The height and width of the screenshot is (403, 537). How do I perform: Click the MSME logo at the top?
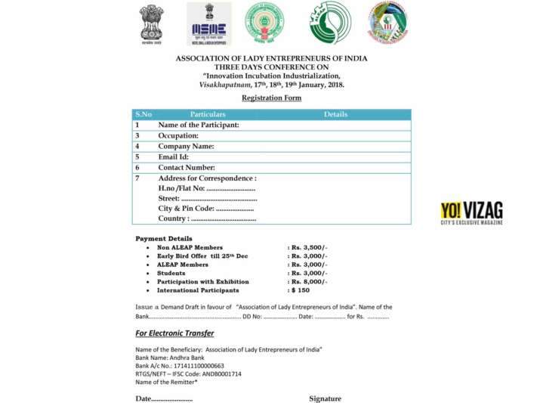(209, 23)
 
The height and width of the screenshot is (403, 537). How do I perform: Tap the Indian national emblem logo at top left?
(152, 23)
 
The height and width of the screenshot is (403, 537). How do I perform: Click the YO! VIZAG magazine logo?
(471, 212)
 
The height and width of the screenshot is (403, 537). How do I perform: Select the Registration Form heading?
(271, 98)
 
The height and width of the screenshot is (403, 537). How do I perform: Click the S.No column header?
(144, 114)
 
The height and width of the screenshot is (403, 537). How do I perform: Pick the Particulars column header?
(208, 114)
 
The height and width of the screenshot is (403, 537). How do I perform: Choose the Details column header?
(335, 114)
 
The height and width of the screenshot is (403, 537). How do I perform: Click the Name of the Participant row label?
(199, 125)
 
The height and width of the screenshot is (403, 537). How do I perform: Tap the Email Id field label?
(173, 157)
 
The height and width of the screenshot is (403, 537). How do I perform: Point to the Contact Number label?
(187, 167)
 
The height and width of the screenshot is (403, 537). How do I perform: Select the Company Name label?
(186, 146)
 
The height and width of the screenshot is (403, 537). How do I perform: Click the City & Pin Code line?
(205, 208)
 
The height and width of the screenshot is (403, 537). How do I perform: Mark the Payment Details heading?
(164, 239)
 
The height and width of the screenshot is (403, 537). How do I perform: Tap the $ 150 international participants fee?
(300, 290)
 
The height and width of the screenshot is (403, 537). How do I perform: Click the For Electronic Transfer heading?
(174, 333)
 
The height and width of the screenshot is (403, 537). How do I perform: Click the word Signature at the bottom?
(325, 398)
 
